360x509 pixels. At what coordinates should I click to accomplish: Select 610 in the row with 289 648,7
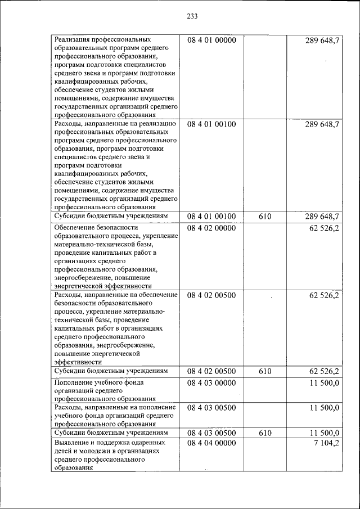pyautogui.click(x=265, y=217)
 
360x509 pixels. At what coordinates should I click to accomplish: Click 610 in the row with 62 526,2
pyautogui.click(x=265, y=372)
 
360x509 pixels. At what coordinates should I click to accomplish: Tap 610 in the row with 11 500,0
pyautogui.click(x=265, y=433)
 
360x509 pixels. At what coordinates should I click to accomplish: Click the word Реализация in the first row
pyautogui.click(x=74, y=40)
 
